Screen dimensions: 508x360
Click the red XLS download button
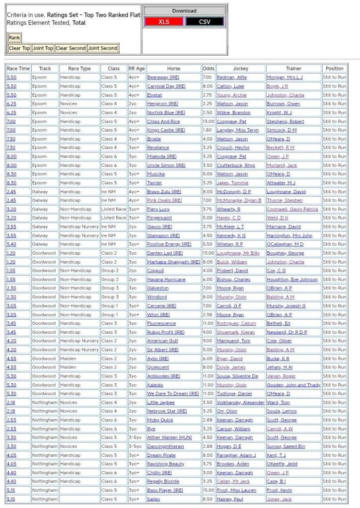(x=164, y=22)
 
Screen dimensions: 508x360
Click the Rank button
(x=14, y=38)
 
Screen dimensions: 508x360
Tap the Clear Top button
(x=19, y=48)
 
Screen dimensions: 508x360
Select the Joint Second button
(x=103, y=48)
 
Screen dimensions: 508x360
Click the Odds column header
(x=209, y=69)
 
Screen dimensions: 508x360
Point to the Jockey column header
(x=240, y=69)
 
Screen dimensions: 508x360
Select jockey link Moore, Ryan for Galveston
(x=230, y=288)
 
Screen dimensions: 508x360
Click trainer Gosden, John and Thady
(x=293, y=385)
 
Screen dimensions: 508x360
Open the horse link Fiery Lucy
(x=158, y=209)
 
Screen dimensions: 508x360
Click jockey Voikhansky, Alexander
(x=240, y=403)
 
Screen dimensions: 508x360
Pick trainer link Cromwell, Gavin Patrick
(x=292, y=209)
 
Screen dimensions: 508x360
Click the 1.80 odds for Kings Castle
(x=208, y=130)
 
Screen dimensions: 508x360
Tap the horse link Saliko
(x=153, y=499)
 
